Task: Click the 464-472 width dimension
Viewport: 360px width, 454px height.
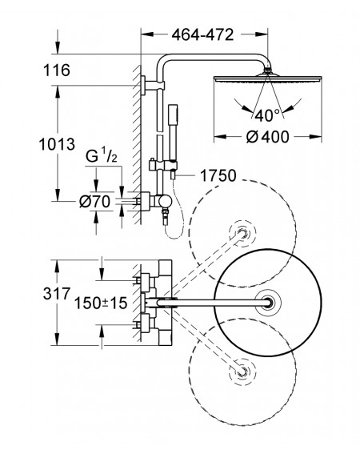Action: point(202,35)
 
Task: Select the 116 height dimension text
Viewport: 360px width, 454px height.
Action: point(57,70)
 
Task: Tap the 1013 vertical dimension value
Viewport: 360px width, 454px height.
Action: point(57,144)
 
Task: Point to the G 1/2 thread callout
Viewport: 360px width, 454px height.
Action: point(102,157)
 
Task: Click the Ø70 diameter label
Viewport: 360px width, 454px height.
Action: point(95,202)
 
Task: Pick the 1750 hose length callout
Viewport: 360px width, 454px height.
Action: point(218,175)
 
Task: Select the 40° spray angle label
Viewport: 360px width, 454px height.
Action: point(267,115)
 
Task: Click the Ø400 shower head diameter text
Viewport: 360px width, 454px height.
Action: point(267,137)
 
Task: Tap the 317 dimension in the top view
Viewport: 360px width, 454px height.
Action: point(57,294)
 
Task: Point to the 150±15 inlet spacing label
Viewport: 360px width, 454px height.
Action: point(101,303)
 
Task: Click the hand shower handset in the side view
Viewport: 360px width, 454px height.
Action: point(172,132)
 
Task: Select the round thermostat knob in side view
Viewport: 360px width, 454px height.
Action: point(165,202)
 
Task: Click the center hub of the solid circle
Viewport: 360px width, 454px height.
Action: point(268,303)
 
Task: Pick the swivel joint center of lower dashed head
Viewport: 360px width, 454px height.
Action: point(242,372)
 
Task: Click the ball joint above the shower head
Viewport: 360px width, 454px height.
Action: point(268,70)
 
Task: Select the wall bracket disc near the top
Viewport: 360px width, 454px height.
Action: point(143,86)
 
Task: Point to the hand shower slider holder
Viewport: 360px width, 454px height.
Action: point(162,165)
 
